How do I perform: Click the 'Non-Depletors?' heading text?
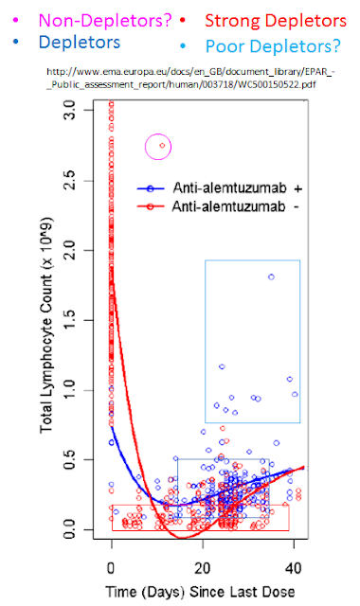tap(105, 21)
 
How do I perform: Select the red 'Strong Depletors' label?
tap(276, 21)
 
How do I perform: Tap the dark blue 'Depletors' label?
tap(80, 42)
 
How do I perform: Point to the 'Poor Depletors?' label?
tap(273, 46)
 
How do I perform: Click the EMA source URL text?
tap(190, 78)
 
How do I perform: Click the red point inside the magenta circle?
tap(162, 146)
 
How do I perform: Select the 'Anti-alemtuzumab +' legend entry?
tap(220, 188)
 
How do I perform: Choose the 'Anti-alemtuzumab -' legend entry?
tap(219, 206)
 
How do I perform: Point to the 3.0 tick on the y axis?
tap(70, 110)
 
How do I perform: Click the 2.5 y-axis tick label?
tap(70, 181)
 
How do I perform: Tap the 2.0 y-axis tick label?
tap(70, 250)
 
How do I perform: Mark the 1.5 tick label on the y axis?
tap(70, 320)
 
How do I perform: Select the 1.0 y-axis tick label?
tap(70, 390)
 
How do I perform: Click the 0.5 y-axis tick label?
tap(70, 460)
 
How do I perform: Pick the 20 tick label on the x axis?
tap(202, 568)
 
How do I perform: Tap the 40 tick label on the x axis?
tap(294, 568)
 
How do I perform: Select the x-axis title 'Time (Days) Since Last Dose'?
tap(200, 592)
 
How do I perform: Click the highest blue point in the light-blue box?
tap(271, 276)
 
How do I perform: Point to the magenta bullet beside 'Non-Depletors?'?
tap(15, 20)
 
